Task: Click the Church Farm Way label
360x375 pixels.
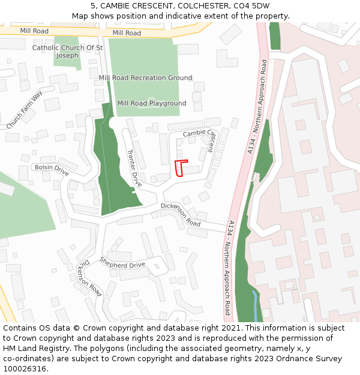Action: click(25, 110)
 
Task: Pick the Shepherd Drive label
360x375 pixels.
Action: click(122, 263)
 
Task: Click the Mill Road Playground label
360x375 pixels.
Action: click(152, 103)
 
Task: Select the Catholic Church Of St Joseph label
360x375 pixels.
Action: click(67, 52)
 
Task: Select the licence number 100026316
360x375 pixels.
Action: click(26, 369)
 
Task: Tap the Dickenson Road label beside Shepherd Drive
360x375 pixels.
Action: click(88, 278)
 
